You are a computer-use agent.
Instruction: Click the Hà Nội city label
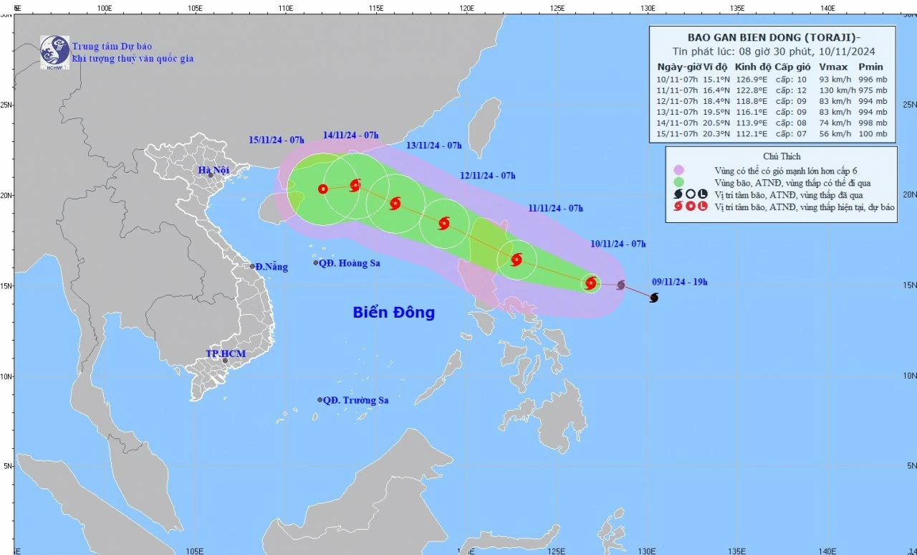tap(213, 170)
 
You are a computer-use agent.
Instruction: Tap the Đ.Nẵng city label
tap(272, 267)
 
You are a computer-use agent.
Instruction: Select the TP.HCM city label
tap(225, 354)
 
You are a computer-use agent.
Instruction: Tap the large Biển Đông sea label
tap(393, 313)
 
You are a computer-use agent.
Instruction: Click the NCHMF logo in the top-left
tap(54, 51)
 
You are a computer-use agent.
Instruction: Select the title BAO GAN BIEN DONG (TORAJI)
tap(772, 37)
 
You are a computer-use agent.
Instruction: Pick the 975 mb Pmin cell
tap(873, 90)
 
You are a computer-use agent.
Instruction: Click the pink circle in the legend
tap(678, 170)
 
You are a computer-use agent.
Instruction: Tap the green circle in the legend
tap(678, 182)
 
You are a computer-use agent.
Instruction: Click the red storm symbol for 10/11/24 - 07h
tap(590, 283)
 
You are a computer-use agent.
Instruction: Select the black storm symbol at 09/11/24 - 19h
tap(653, 298)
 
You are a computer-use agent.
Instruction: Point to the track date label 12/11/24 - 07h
tap(487, 176)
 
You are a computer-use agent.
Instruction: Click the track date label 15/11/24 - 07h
tap(277, 139)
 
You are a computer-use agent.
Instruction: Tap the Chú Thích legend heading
tap(781, 156)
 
